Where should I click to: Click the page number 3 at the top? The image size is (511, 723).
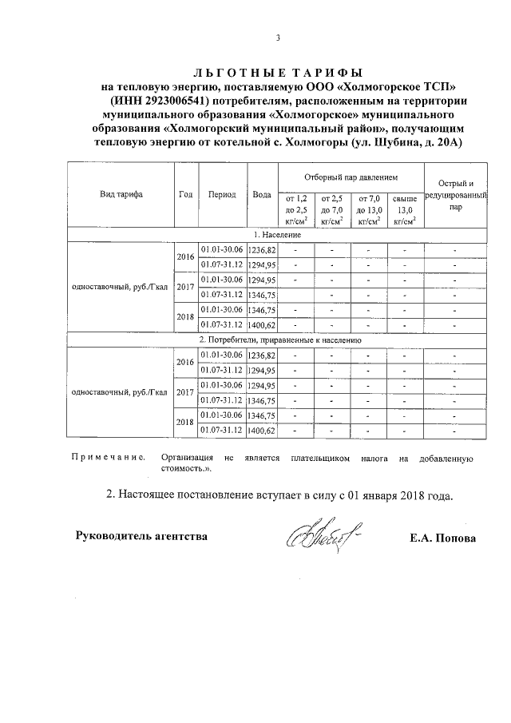(278, 38)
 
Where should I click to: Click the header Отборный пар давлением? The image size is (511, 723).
(351, 175)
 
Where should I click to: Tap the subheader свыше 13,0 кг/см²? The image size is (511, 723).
(404, 209)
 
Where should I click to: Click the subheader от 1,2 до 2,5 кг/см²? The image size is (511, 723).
(295, 209)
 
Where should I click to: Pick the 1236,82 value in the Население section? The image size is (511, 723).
(262, 250)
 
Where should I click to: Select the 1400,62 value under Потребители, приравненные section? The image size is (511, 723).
(262, 431)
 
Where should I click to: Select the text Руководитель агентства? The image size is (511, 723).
(141, 536)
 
